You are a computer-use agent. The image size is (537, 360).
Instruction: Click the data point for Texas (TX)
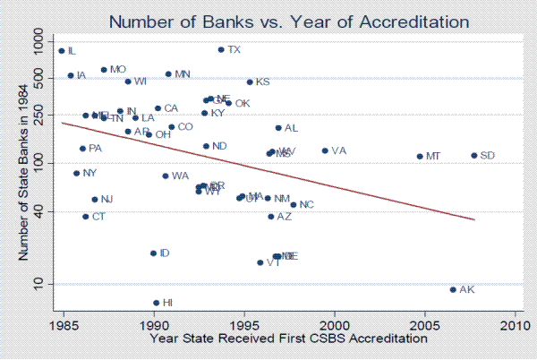tap(221, 49)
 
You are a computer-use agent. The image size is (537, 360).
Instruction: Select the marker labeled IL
tap(62, 51)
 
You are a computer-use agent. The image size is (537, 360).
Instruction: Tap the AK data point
tap(453, 289)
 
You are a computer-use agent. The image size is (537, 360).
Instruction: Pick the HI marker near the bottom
tap(156, 303)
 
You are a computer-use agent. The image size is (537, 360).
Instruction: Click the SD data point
tap(474, 156)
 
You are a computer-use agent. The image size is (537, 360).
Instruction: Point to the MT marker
tap(420, 157)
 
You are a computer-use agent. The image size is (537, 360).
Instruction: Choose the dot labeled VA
tap(325, 150)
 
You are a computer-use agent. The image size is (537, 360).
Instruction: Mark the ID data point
tap(153, 253)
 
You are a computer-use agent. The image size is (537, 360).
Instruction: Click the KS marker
tap(250, 81)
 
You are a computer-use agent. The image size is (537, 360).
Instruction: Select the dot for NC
tap(293, 204)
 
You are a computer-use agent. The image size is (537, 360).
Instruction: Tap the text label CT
tap(98, 217)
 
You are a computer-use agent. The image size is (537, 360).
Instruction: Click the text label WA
tap(180, 176)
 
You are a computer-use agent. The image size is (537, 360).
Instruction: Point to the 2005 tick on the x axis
tap(425, 321)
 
